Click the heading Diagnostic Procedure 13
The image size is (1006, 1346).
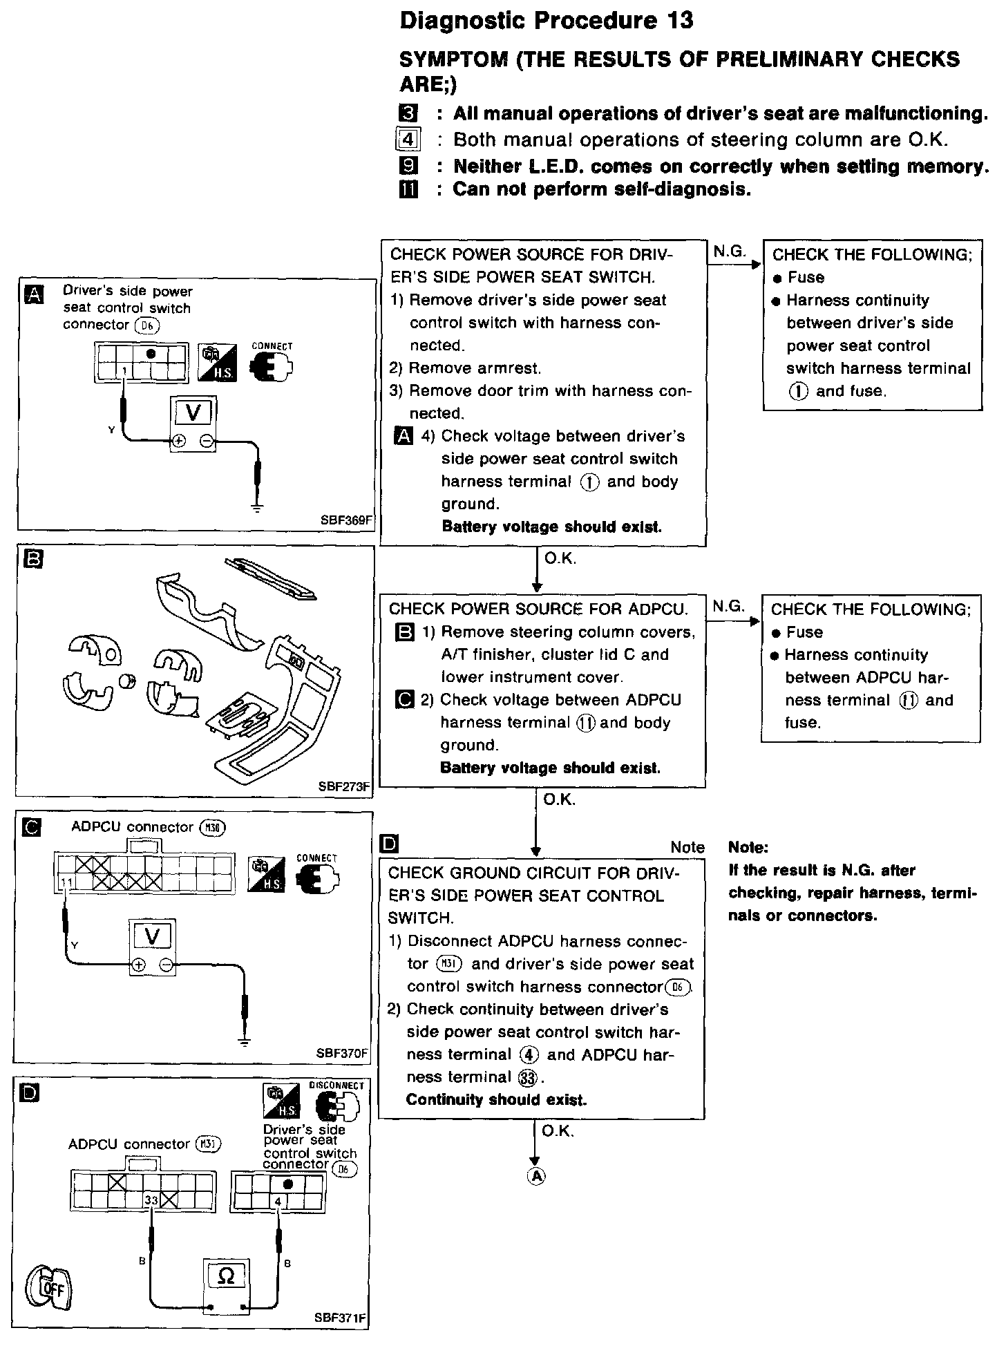pos(546,21)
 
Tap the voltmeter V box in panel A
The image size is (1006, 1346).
pos(193,413)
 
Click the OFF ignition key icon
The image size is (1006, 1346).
pos(50,1286)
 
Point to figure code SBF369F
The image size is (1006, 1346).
pos(345,521)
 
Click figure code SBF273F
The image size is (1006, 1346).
pos(344,786)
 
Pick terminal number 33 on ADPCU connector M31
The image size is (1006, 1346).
pos(151,1200)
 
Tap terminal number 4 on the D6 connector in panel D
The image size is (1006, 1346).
pos(278,1201)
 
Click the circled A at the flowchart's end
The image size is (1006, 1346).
pos(536,1175)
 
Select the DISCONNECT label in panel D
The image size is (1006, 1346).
pos(336,1086)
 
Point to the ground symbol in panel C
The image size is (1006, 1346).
pos(244,1042)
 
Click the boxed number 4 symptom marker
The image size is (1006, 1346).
pos(408,140)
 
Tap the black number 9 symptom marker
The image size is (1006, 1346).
pos(408,166)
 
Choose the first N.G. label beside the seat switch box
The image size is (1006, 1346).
pos(729,252)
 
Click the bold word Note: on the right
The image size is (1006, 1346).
pos(748,848)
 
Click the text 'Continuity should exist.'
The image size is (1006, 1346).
pos(496,1100)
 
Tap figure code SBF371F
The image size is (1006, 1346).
pos(340,1318)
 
